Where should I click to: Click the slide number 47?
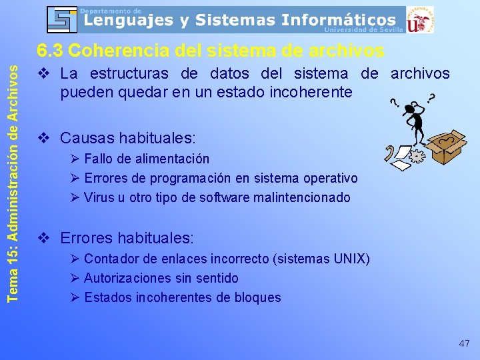(464, 343)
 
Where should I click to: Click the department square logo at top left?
(63, 19)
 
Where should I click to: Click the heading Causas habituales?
(128, 138)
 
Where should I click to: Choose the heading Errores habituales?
(127, 237)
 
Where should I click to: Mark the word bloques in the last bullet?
(259, 297)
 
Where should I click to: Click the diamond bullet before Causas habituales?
(45, 139)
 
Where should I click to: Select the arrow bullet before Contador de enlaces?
(74, 259)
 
